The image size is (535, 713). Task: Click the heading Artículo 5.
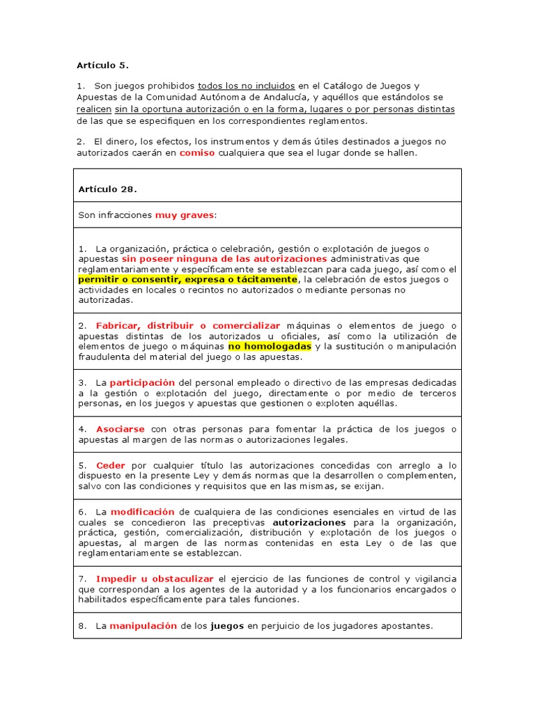[x=102, y=65]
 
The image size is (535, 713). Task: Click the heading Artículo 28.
[x=107, y=189]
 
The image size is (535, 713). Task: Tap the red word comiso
[x=196, y=152]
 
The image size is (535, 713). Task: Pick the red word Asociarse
[x=120, y=429]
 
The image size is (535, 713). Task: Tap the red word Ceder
[x=110, y=465]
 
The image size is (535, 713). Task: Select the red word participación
[x=142, y=382]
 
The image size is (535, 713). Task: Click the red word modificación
[x=144, y=511]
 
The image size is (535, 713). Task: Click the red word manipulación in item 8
[x=144, y=625]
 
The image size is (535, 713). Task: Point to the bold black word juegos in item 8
[x=227, y=625]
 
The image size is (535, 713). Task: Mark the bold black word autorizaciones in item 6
[x=309, y=522]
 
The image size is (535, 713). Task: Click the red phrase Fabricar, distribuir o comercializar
[x=187, y=325]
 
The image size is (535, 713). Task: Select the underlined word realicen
[x=94, y=109]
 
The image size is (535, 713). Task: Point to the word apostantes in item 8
[x=408, y=625]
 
